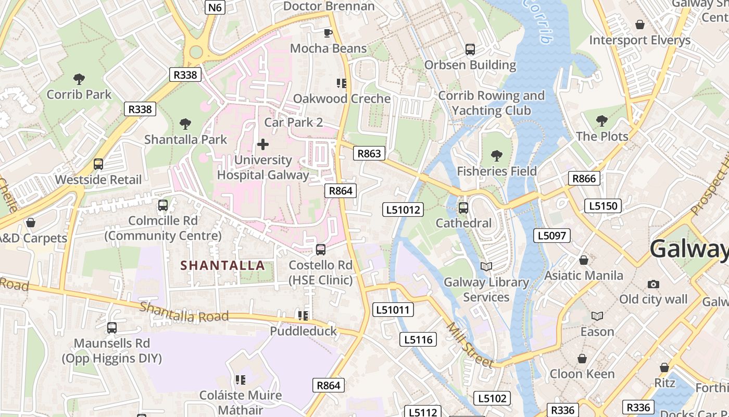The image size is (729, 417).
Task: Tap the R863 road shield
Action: click(369, 153)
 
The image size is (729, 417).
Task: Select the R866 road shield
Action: click(584, 179)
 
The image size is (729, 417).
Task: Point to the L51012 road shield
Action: click(403, 210)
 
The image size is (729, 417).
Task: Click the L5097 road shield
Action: click(552, 236)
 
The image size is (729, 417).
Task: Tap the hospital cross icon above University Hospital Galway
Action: click(263, 144)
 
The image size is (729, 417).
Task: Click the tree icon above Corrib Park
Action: click(79, 79)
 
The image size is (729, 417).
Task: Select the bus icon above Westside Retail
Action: click(98, 164)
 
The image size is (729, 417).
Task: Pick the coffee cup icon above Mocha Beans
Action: click(328, 33)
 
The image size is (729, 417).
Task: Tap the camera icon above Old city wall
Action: click(653, 284)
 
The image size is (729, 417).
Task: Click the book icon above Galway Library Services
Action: click(486, 267)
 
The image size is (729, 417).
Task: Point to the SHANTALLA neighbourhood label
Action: click(222, 265)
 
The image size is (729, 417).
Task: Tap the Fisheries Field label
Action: click(497, 171)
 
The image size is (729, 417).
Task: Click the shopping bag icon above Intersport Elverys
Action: click(640, 24)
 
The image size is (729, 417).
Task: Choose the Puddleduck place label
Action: click(304, 331)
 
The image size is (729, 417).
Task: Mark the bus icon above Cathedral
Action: click(463, 208)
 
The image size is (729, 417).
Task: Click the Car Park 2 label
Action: click(294, 122)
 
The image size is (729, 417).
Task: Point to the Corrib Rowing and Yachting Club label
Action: click(492, 103)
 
